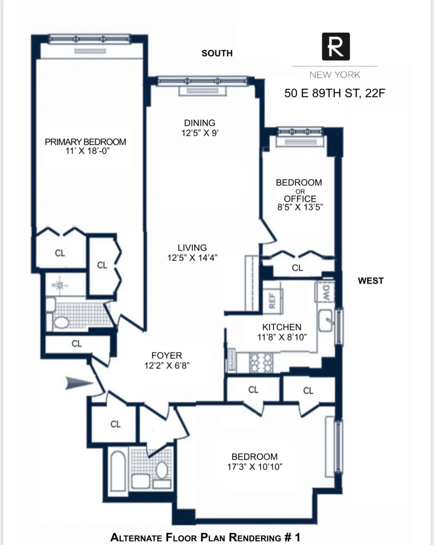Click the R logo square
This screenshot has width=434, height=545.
click(x=335, y=46)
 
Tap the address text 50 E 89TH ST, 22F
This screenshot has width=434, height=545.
click(x=335, y=93)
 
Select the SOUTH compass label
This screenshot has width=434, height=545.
click(x=217, y=53)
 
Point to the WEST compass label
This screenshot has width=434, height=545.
click(x=371, y=281)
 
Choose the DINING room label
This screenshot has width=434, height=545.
click(x=200, y=123)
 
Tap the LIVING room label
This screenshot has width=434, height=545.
click(x=192, y=248)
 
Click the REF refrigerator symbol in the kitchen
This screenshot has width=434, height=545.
click(x=272, y=300)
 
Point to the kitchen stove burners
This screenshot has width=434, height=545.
click(x=261, y=363)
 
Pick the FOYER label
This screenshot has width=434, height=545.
click(x=167, y=356)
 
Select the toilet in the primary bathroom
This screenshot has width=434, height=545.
click(x=61, y=322)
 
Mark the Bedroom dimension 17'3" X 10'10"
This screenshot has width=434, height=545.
click(x=254, y=467)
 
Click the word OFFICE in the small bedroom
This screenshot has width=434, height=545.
click(x=300, y=199)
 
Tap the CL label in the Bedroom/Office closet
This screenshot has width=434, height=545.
click(x=297, y=268)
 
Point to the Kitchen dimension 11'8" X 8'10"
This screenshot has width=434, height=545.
click(x=282, y=337)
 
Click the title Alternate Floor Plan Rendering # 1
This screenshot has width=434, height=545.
click(x=205, y=537)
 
